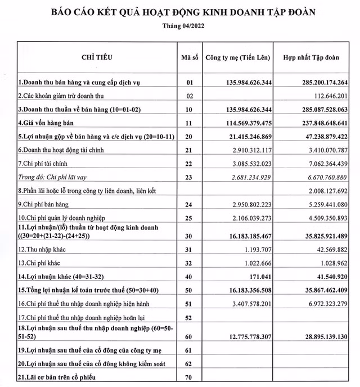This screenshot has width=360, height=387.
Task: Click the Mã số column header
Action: click(x=188, y=57)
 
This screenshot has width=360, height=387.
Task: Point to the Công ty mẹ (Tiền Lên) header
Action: click(x=237, y=57)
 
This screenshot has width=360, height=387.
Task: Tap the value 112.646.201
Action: click(x=325, y=96)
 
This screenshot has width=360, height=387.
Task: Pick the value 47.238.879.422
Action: click(x=318, y=136)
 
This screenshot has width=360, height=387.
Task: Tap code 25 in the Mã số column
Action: click(x=188, y=217)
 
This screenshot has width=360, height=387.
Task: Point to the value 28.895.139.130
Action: click(x=318, y=336)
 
